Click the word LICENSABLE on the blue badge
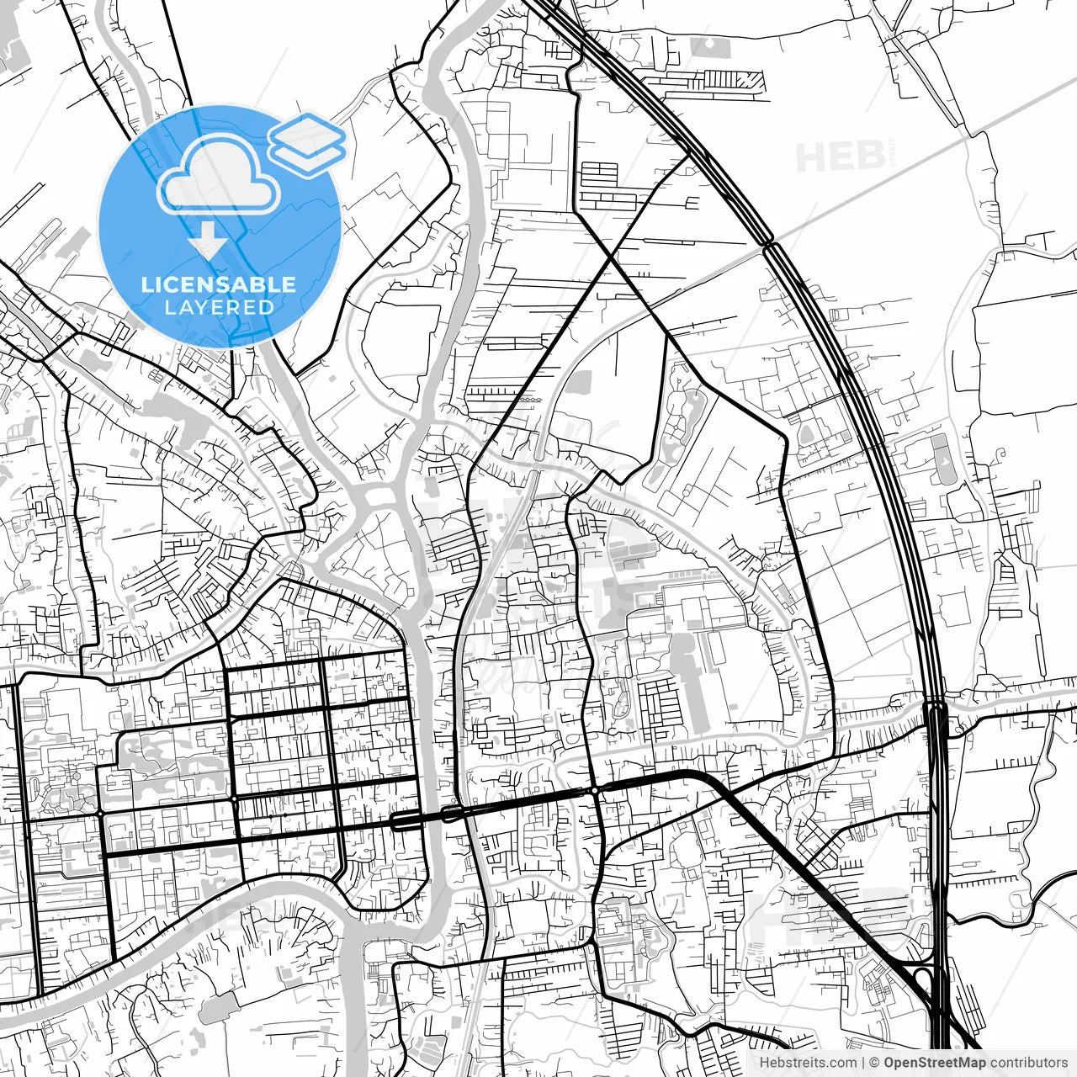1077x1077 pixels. [219, 284]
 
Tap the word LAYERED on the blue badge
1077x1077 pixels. [219, 307]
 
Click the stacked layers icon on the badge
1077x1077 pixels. [307, 143]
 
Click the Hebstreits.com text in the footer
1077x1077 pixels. [808, 1063]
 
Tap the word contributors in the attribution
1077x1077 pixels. [1029, 1063]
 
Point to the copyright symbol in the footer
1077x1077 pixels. [874, 1063]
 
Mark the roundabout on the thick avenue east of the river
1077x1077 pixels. [596, 790]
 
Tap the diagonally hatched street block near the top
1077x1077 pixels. [734, 81]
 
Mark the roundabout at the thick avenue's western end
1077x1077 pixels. [101, 814]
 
